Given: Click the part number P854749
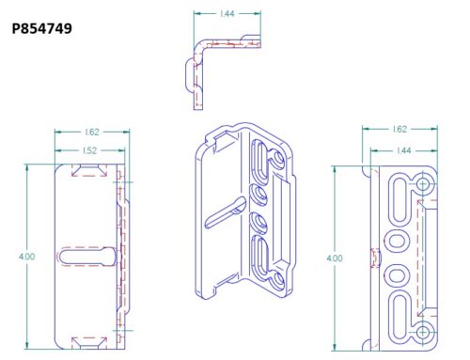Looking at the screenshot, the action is [42, 28].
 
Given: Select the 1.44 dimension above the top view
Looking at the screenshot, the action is [227, 14].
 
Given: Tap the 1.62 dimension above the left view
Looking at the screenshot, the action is [92, 133].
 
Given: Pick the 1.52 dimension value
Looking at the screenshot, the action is [89, 150].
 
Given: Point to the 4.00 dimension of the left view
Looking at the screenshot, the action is [26, 257].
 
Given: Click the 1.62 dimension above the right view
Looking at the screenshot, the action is [399, 129].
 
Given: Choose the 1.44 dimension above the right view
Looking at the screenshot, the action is [403, 150].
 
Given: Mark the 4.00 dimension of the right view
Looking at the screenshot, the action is [335, 258].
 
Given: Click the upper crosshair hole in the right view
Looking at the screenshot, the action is [423, 184].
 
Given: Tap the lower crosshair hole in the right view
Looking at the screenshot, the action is [423, 332].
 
